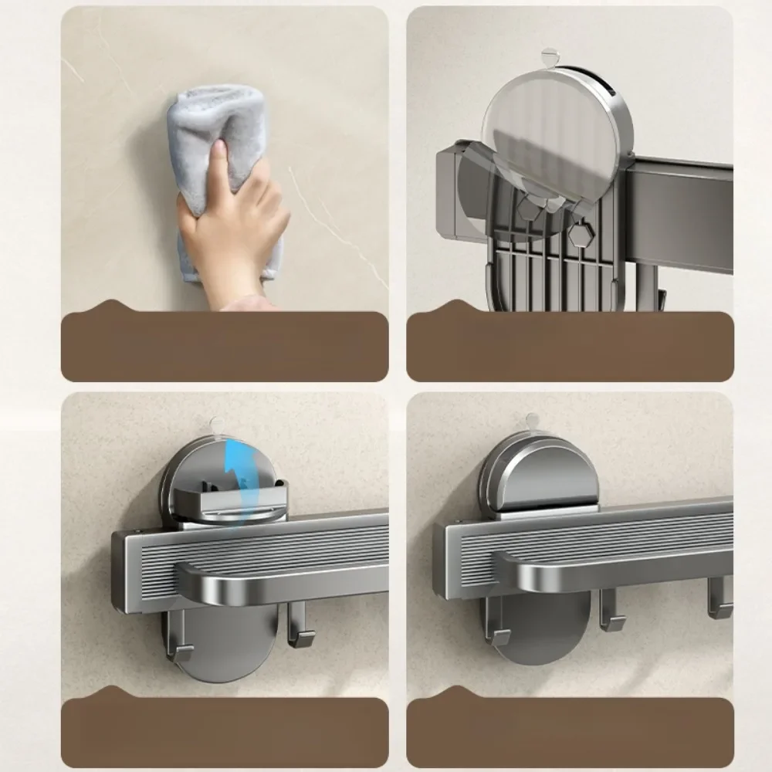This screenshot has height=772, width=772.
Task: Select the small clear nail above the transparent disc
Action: click(x=549, y=56)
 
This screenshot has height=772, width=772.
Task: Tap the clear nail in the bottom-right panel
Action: click(x=530, y=422)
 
